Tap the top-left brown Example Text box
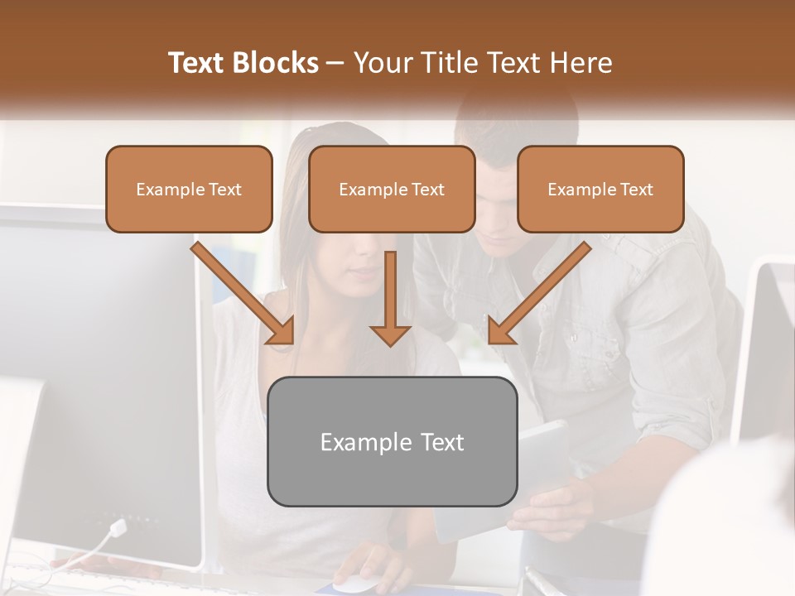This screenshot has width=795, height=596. pyautogui.click(x=189, y=189)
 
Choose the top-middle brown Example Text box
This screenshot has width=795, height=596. pyautogui.click(x=392, y=189)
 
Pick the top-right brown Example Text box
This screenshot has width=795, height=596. pyautogui.click(x=600, y=189)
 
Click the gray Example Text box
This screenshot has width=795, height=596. pyautogui.click(x=392, y=441)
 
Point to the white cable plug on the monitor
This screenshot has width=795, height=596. pyautogui.click(x=118, y=527)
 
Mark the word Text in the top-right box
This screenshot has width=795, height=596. pyautogui.click(x=636, y=189)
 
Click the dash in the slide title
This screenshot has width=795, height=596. pyautogui.click(x=335, y=63)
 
